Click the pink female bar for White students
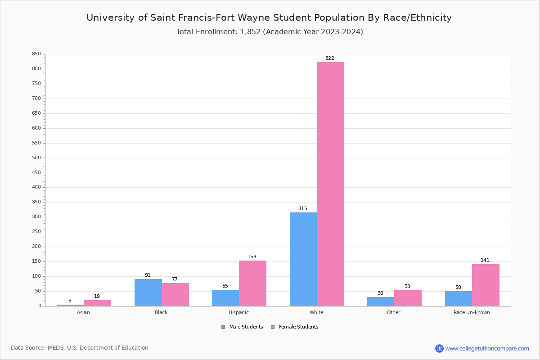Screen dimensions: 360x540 pyautogui.click(x=330, y=184)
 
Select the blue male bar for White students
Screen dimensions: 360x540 pyautogui.click(x=303, y=259)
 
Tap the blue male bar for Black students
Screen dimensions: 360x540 pyautogui.click(x=148, y=292)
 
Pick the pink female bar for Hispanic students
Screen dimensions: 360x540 pyautogui.click(x=252, y=283)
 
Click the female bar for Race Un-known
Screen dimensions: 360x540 pyautogui.click(x=486, y=285)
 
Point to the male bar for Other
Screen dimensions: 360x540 pyautogui.click(x=380, y=301)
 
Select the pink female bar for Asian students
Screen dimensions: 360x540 pyautogui.click(x=97, y=303)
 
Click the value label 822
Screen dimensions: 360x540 pyautogui.click(x=329, y=58)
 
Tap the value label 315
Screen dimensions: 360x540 pyautogui.click(x=302, y=209)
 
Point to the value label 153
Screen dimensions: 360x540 pyautogui.click(x=252, y=257)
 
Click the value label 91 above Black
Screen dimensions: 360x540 pyautogui.click(x=148, y=275)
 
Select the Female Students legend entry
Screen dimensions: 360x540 pyautogui.click(x=295, y=327)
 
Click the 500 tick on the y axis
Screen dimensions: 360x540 pyautogui.click(x=36, y=158)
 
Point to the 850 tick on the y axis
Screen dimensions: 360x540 pyautogui.click(x=36, y=54)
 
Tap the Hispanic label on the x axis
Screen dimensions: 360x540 pyautogui.click(x=238, y=312)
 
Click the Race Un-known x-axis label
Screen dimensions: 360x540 pyautogui.click(x=472, y=312)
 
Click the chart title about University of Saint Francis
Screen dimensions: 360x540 pyautogui.click(x=269, y=18)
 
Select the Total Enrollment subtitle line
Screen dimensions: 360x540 pyautogui.click(x=270, y=32)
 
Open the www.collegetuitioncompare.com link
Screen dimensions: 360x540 pyautogui.click(x=487, y=348)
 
